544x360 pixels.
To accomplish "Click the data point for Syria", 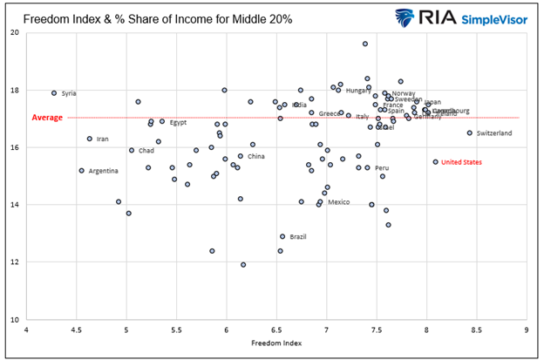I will [54, 93].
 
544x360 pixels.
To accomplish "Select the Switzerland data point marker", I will [469, 133].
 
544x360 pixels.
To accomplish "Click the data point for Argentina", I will [81, 171].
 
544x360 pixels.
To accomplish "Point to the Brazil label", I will [298, 236].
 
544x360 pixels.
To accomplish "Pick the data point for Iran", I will [89, 139].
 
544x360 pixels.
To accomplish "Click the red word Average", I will [47, 118].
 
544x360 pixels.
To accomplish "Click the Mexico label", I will [338, 202].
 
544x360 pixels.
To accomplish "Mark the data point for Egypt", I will [162, 122].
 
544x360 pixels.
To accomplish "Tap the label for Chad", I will [146, 151].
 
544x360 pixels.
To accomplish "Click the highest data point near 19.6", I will [365, 44].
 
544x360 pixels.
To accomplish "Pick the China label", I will [255, 157].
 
